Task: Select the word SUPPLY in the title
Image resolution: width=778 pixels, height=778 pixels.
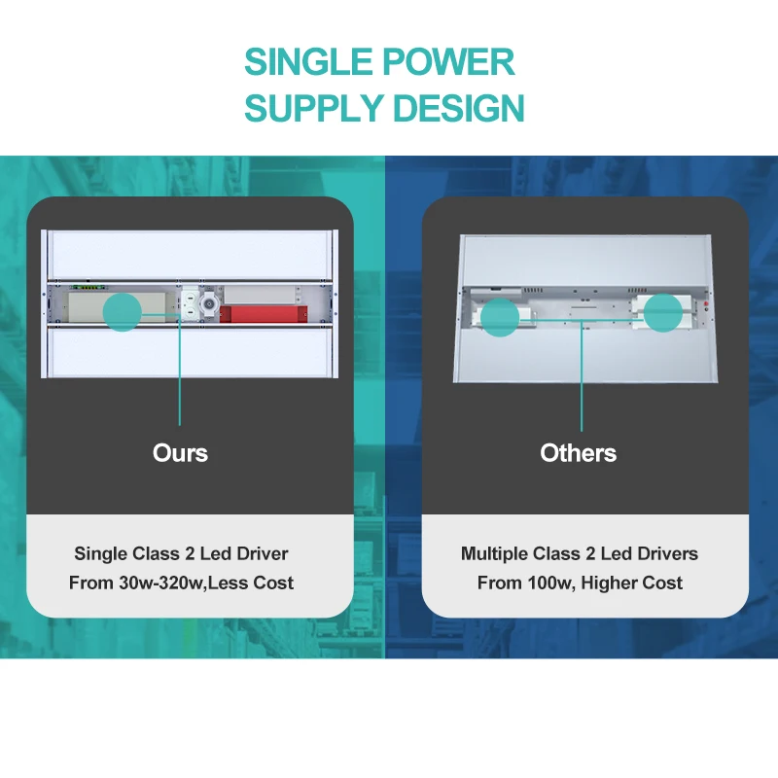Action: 314,107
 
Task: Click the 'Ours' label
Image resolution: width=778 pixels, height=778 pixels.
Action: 180,452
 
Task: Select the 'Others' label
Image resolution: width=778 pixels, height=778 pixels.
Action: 579,452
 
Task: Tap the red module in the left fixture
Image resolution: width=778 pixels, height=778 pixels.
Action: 263,313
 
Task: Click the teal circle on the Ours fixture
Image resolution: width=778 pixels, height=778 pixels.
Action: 123,311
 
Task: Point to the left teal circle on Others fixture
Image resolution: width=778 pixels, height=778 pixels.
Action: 501,317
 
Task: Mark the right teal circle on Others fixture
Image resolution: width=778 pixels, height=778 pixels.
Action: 662,312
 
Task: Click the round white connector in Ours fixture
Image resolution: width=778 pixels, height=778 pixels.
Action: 205,304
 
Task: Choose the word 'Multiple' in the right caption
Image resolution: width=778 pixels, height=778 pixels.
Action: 494,553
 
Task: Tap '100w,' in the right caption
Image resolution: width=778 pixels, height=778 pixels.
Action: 548,583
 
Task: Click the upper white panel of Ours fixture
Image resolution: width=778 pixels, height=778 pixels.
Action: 190,255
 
